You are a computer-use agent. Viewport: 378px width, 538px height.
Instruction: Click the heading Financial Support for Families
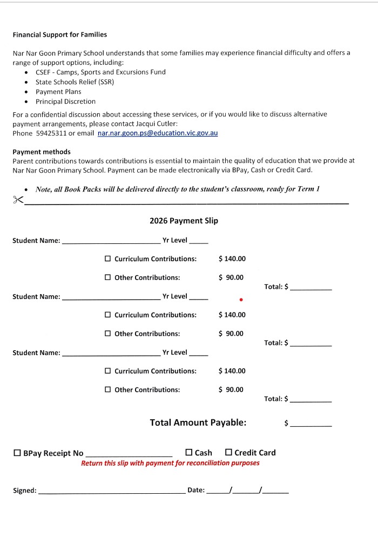click(59, 35)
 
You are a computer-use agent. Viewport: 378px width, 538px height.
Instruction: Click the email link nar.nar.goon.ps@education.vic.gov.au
click(158, 133)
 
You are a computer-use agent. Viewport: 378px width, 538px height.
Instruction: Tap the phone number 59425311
click(51, 133)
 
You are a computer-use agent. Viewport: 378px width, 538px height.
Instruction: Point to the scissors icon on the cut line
click(18, 200)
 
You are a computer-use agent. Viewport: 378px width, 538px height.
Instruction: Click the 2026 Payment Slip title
click(184, 221)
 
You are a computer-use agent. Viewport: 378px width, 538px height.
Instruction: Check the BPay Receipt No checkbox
click(17, 453)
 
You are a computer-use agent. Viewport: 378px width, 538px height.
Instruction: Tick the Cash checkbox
click(189, 452)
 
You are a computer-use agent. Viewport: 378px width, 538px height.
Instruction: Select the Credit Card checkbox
click(228, 452)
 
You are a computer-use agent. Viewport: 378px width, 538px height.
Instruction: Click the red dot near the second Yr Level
click(241, 299)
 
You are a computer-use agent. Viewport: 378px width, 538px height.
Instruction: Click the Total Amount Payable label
click(198, 423)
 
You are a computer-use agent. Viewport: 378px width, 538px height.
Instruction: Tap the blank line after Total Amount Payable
click(311, 425)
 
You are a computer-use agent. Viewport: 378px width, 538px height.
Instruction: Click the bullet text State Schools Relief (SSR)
click(75, 82)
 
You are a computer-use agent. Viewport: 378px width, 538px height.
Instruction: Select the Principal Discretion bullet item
click(65, 101)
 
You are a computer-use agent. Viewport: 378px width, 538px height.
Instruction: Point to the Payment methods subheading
click(42, 152)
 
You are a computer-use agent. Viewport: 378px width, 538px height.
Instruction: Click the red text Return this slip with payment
click(170, 463)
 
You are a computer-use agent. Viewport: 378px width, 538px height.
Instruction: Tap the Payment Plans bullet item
click(58, 92)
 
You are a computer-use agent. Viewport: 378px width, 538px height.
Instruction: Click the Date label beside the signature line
click(195, 490)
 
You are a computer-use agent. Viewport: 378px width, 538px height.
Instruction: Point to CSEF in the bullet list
click(44, 72)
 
